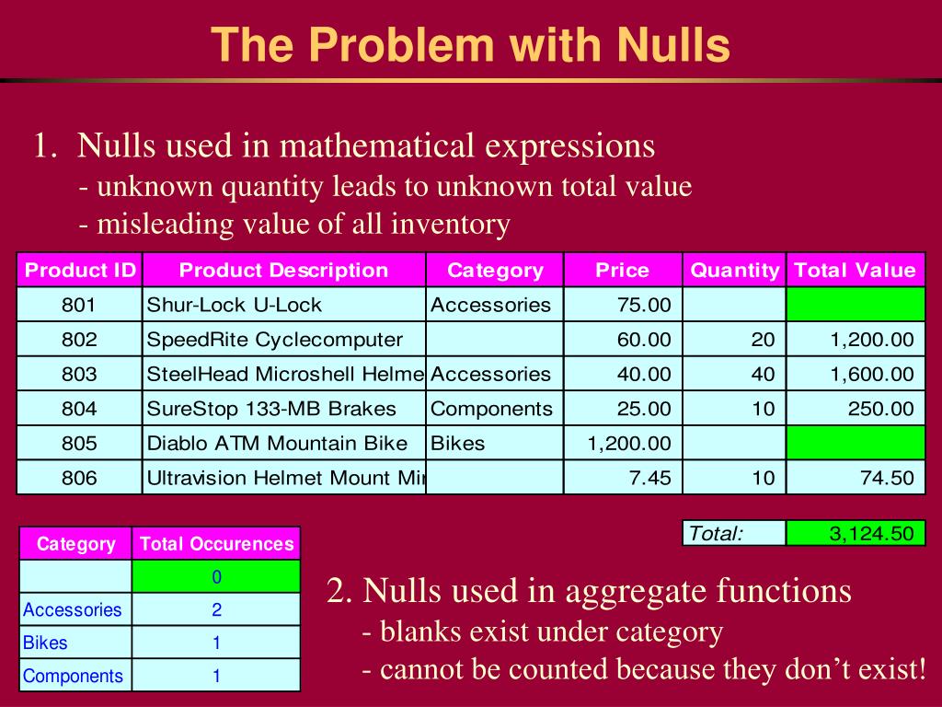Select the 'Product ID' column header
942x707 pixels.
pyautogui.click(x=80, y=270)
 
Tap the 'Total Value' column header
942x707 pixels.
pyautogui.click(x=855, y=270)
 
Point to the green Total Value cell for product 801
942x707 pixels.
pyautogui.click(x=856, y=305)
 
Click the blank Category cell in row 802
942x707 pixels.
pyautogui.click(x=495, y=340)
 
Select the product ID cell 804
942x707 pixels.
pyautogui.click(x=79, y=409)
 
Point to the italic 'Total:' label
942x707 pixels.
pyautogui.click(x=717, y=533)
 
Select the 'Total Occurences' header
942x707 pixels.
pyautogui.click(x=216, y=543)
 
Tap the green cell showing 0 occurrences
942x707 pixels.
pyautogui.click(x=216, y=576)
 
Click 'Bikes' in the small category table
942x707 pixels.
pyautogui.click(x=46, y=643)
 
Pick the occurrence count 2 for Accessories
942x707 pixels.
pyautogui.click(x=216, y=609)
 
